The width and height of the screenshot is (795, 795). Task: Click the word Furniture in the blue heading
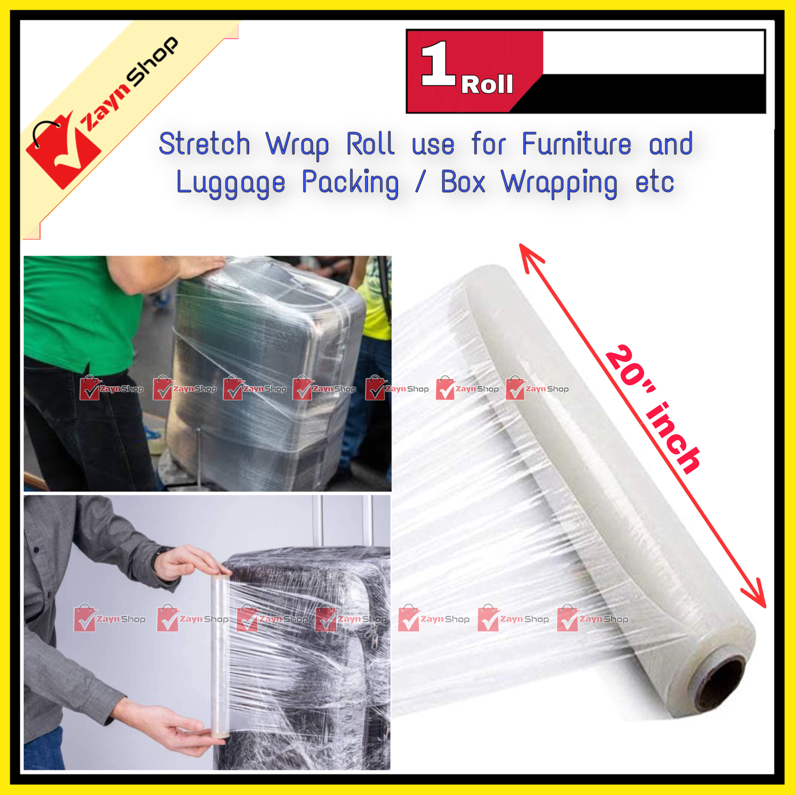tap(576, 144)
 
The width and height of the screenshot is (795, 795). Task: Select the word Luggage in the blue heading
tap(230, 183)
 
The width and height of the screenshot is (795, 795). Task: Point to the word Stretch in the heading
tap(204, 144)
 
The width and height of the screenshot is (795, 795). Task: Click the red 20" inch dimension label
tap(652, 409)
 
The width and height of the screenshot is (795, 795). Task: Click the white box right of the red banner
tap(653, 53)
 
